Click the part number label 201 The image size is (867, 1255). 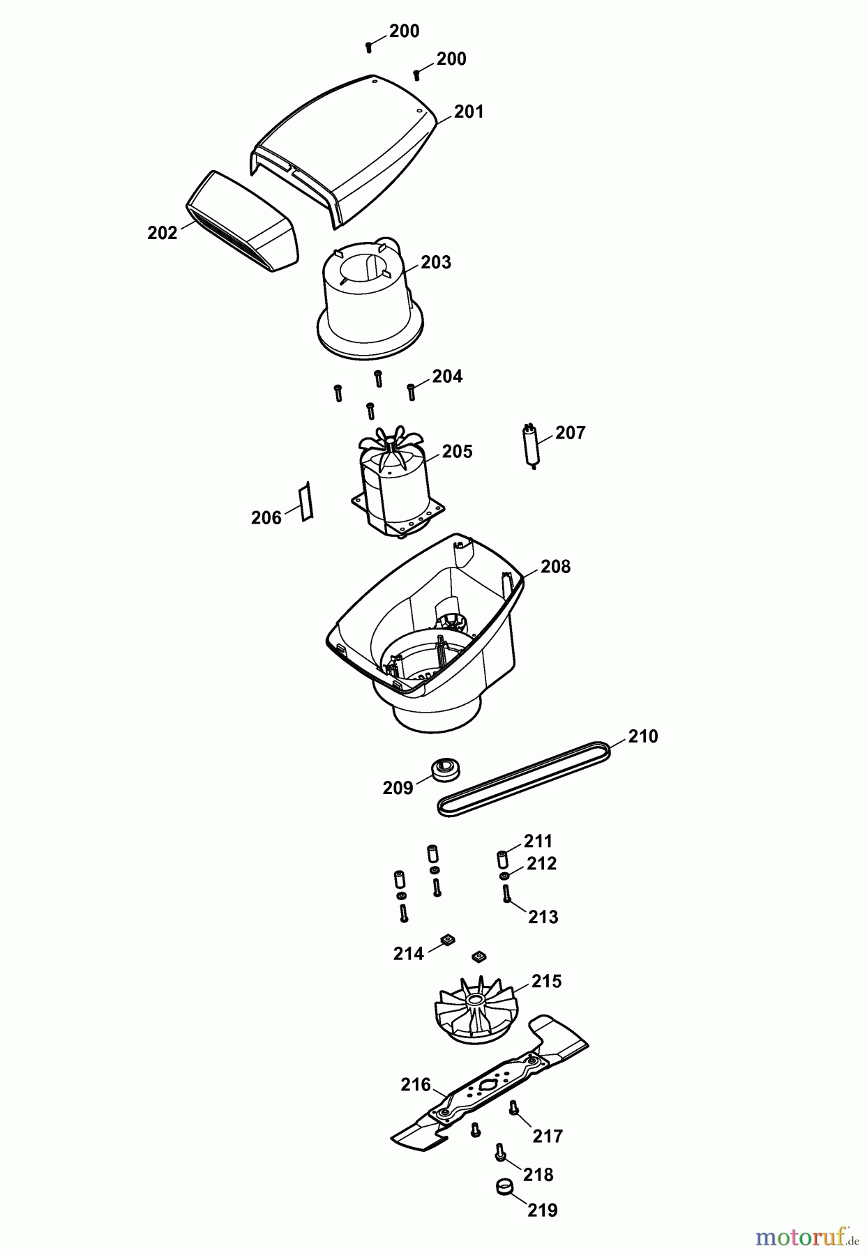(469, 112)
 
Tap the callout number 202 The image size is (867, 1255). (163, 233)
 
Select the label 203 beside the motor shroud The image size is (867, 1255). (436, 262)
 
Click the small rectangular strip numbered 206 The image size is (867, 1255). (306, 501)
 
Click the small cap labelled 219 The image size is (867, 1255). (502, 1186)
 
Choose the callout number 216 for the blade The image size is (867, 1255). (415, 1084)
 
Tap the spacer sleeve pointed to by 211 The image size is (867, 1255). (502, 858)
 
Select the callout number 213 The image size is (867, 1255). (543, 917)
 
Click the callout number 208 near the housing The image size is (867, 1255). (556, 567)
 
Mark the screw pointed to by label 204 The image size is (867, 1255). (412, 392)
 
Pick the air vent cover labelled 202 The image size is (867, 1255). (242, 221)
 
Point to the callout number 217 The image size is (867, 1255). (548, 1136)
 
